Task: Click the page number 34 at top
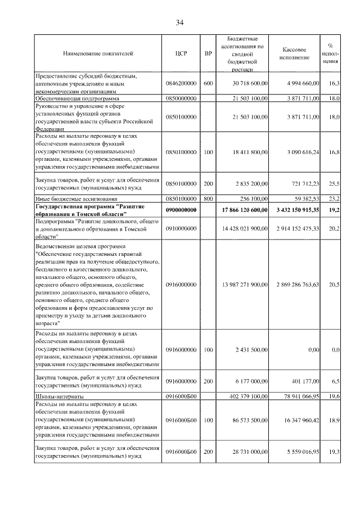(179, 22)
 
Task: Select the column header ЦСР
(181, 54)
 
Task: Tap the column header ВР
(208, 54)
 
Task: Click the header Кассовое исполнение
(297, 54)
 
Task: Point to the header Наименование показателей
(98, 54)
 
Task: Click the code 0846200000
(181, 83)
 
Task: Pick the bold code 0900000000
(181, 210)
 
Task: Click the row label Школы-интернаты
(60, 397)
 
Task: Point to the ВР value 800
(208, 199)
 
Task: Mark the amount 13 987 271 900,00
(244, 285)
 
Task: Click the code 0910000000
(181, 229)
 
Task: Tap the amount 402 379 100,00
(248, 397)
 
